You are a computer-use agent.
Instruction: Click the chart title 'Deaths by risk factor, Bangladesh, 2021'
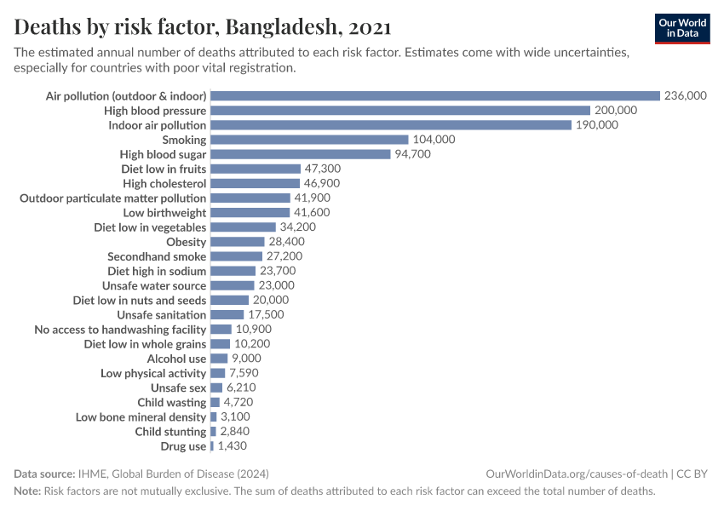tap(203, 27)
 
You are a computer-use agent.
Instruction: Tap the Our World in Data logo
tap(681, 28)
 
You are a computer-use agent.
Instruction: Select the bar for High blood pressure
tap(400, 111)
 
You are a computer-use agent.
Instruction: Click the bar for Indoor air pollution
tap(391, 125)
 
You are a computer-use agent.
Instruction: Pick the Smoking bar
tap(309, 140)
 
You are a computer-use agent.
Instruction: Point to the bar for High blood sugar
tap(301, 154)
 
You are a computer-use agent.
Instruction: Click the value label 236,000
tap(685, 96)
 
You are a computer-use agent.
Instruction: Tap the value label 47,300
tap(325, 169)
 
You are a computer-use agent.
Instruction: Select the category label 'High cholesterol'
tap(164, 183)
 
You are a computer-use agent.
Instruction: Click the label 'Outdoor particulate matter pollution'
tap(113, 198)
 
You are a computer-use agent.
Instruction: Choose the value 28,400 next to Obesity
tap(287, 242)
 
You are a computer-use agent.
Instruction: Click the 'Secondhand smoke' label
tap(157, 256)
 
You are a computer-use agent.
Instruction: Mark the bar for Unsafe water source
tap(233, 285)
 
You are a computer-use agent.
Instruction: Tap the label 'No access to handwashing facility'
tap(120, 330)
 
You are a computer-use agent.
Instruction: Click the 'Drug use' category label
tap(183, 446)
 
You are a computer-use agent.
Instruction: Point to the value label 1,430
tap(233, 446)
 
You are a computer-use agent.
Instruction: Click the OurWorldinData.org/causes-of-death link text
tap(577, 474)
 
